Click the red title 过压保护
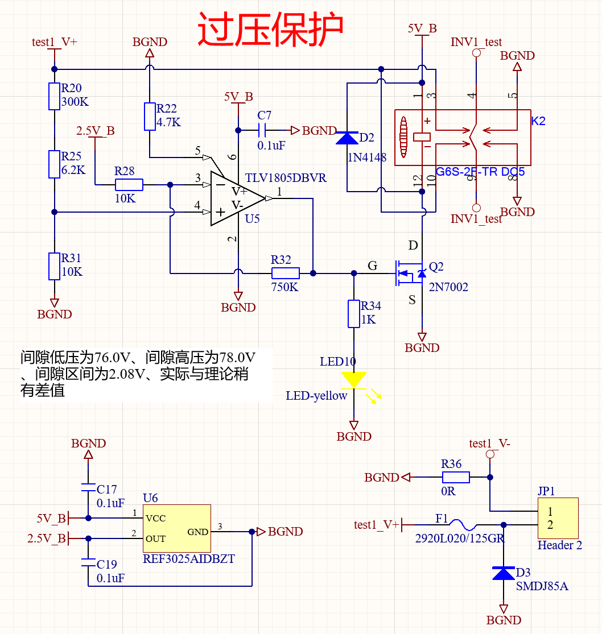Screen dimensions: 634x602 point(270,30)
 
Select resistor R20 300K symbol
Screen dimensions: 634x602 point(54,96)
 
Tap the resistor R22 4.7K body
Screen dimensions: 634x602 point(149,117)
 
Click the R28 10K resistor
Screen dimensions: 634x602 point(129,184)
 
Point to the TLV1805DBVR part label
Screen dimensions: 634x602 point(286,178)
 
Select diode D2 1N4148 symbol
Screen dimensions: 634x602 point(347,138)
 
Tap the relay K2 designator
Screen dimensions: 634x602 point(538,121)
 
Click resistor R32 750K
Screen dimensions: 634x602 point(285,273)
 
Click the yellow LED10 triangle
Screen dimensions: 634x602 point(354,379)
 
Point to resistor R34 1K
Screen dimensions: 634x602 point(354,314)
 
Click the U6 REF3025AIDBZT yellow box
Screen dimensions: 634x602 point(176,528)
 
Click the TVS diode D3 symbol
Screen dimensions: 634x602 point(504,573)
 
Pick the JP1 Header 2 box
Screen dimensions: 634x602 point(558,518)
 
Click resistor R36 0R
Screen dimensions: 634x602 point(455,477)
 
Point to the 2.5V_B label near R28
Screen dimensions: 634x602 point(96,131)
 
